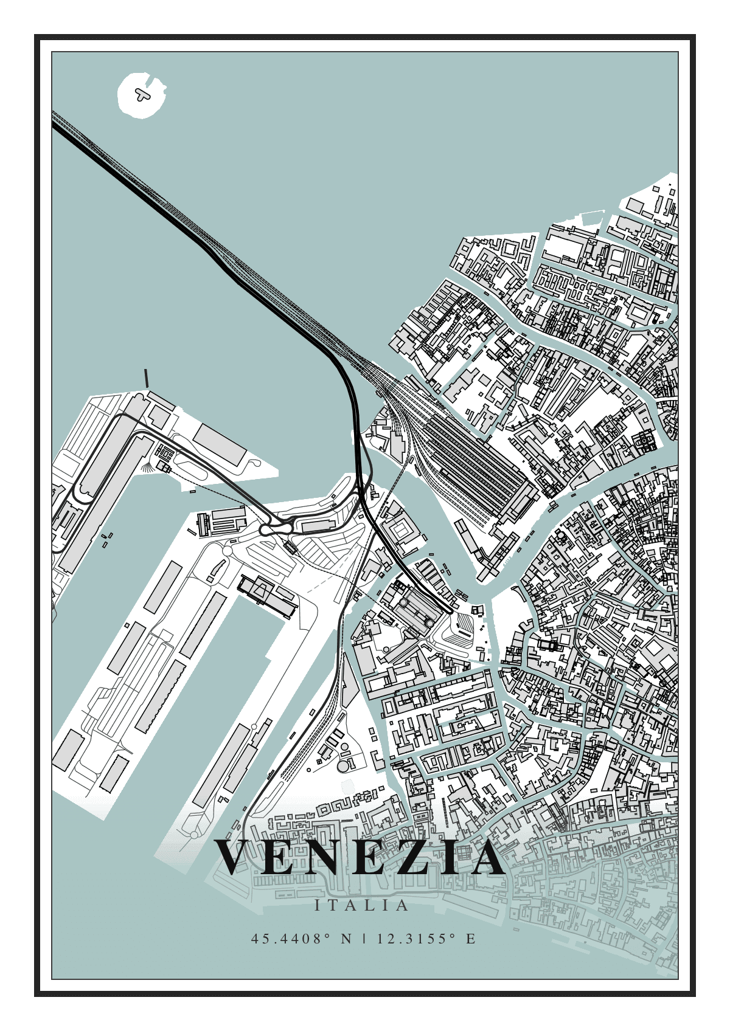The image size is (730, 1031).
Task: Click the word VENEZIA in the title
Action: tap(360, 857)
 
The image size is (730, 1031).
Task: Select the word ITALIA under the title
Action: tap(361, 905)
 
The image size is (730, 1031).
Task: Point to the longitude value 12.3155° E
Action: tap(426, 939)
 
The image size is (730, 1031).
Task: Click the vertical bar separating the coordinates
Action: tap(364, 939)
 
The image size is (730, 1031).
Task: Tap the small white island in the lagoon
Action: tap(141, 95)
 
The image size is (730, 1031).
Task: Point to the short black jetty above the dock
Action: tap(146, 378)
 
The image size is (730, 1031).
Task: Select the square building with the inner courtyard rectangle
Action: tap(400, 530)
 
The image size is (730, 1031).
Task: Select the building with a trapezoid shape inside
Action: tap(260, 590)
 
